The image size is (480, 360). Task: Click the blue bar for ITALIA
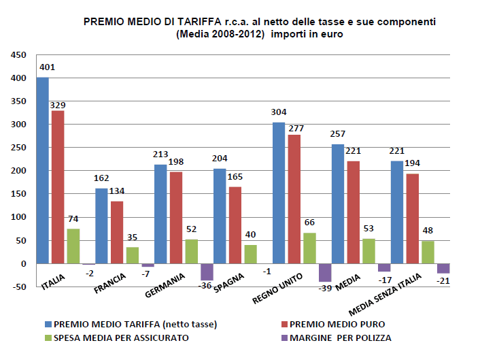(x=42, y=170)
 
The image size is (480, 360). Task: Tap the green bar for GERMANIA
(x=192, y=251)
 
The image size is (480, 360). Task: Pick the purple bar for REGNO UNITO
(x=325, y=272)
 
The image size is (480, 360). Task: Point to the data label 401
(x=47, y=67)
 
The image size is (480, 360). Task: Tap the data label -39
(x=325, y=289)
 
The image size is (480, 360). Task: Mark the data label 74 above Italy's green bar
(x=73, y=219)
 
